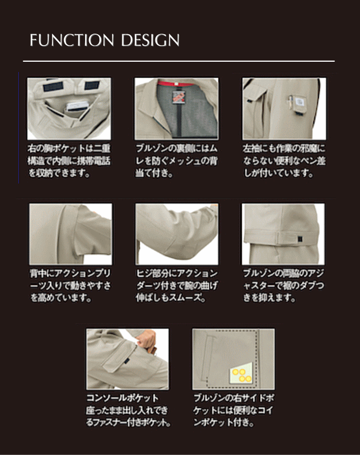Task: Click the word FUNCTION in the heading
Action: (71, 40)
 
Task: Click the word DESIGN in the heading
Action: (150, 40)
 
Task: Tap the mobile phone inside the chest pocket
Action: (77, 106)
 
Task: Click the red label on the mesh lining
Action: (177, 96)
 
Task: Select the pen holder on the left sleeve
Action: (296, 104)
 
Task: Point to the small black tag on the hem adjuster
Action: (299, 238)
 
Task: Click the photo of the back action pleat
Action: (70, 234)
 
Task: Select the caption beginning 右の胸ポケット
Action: (69, 161)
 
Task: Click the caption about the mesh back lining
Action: (177, 161)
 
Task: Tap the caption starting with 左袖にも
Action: (285, 161)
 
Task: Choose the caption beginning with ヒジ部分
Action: (177, 286)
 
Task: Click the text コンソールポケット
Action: (122, 397)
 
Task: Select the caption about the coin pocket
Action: (234, 410)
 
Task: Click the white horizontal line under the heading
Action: (179, 61)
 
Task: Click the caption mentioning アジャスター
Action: (283, 286)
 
